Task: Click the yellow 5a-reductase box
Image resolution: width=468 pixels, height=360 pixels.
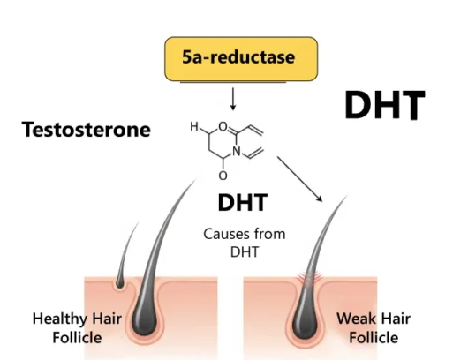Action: [238, 59]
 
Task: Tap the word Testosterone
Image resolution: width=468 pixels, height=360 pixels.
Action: [87, 131]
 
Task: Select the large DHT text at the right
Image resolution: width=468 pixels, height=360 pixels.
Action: [384, 107]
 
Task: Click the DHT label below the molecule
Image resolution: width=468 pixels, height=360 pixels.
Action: [242, 203]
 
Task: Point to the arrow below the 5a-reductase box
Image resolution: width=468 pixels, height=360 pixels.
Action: [232, 96]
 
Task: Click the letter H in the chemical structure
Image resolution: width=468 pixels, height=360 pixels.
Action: [194, 125]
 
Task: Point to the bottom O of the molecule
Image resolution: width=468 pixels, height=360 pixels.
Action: [223, 176]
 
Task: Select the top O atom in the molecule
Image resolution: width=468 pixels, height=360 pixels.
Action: [223, 125]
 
